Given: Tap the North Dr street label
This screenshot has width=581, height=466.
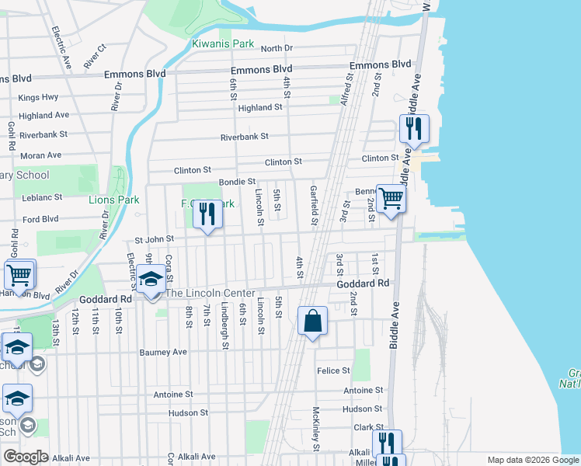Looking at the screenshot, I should click(x=277, y=48).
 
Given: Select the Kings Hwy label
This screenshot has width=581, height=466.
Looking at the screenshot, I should click(x=38, y=97).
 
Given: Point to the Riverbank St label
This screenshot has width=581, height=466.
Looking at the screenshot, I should click(x=244, y=136).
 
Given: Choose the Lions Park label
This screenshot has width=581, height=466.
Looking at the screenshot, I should click(x=113, y=200).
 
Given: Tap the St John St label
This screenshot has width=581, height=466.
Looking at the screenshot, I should click(x=154, y=241).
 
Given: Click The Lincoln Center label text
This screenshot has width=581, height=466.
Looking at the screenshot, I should click(x=210, y=293).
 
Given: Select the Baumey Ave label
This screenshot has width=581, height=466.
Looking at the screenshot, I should click(x=163, y=352).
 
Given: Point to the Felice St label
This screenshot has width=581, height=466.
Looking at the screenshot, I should click(x=334, y=371).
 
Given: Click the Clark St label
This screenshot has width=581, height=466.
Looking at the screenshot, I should click(x=369, y=427).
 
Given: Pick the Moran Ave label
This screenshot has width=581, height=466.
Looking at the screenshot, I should click(x=40, y=155).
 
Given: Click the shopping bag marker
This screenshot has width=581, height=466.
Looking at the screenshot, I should click(x=312, y=320).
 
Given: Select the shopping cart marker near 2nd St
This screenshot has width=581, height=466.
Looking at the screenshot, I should click(x=391, y=199).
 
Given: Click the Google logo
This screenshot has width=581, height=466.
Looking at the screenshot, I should click(x=26, y=457).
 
